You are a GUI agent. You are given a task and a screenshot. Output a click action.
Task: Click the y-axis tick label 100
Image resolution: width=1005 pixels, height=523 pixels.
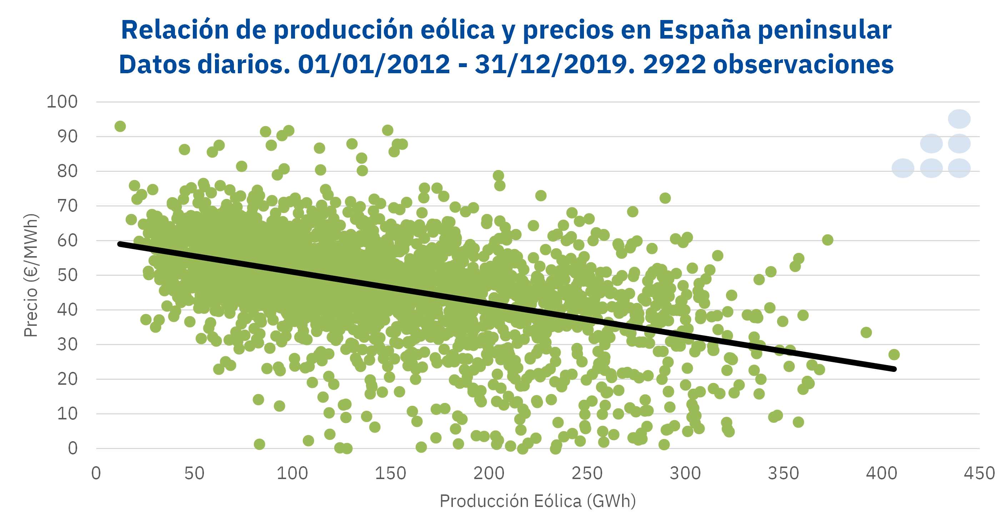[62, 102]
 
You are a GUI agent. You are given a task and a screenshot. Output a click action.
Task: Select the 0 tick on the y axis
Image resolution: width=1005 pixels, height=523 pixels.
[72, 448]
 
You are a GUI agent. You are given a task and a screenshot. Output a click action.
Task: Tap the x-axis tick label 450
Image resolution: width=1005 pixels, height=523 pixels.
[979, 473]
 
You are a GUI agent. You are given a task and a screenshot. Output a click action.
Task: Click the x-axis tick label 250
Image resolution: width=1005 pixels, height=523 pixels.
[587, 473]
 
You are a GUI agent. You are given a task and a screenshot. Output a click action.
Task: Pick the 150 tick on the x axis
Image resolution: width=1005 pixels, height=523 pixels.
[390, 473]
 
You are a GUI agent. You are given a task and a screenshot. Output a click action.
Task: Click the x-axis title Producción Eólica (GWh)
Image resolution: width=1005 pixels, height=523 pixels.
[537, 501]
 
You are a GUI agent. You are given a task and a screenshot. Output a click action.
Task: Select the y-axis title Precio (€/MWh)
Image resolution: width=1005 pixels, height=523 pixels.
[30, 275]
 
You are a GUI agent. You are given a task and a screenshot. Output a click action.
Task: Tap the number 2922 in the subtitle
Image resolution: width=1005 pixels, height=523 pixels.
[674, 64]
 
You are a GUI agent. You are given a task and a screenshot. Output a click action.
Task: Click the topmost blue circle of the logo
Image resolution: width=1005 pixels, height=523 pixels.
[959, 119]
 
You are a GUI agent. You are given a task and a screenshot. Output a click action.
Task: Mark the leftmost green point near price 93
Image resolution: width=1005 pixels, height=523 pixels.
[120, 126]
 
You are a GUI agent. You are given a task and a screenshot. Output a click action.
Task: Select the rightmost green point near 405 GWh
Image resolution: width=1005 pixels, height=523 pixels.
[894, 354]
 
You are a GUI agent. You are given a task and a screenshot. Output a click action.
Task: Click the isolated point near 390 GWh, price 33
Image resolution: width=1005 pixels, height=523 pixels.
[866, 333]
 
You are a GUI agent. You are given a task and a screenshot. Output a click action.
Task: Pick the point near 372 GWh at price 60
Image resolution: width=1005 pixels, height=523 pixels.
[827, 240]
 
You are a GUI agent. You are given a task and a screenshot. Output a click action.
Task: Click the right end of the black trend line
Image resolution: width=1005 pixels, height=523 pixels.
[894, 369]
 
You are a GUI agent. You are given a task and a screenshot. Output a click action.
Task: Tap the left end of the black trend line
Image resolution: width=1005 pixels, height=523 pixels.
[120, 244]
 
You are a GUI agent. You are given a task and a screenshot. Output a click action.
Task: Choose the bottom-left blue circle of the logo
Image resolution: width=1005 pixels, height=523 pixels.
[903, 168]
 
